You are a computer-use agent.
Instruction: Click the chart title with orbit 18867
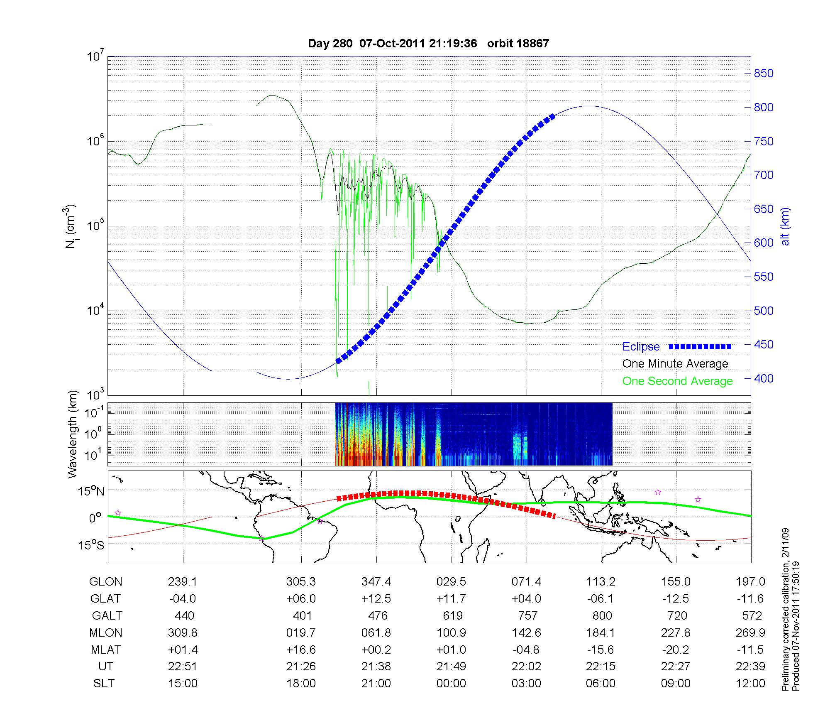[x=428, y=44]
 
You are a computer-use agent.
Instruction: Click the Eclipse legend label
[x=641, y=347]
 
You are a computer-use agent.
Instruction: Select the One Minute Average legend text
[x=675, y=364]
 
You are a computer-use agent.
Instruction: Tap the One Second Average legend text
[x=677, y=381]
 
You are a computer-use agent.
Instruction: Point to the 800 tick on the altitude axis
[x=764, y=108]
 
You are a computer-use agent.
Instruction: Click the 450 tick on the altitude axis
[x=764, y=345]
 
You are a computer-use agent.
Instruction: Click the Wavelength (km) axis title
[x=73, y=434]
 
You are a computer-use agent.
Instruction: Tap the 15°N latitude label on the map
[x=92, y=492]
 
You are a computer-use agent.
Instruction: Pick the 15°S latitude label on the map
[x=92, y=545]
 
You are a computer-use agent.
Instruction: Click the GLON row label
[x=105, y=582]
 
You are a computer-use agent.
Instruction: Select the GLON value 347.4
[x=376, y=582]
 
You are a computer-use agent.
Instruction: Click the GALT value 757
[x=527, y=615]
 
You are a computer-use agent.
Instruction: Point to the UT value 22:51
[x=183, y=667]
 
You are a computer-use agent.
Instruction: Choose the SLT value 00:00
[x=451, y=684]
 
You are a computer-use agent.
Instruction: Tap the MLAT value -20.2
[x=676, y=650]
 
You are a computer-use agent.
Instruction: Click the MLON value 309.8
[x=183, y=633]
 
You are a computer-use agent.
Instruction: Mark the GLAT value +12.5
[x=376, y=599]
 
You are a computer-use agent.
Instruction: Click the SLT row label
[x=104, y=684]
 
